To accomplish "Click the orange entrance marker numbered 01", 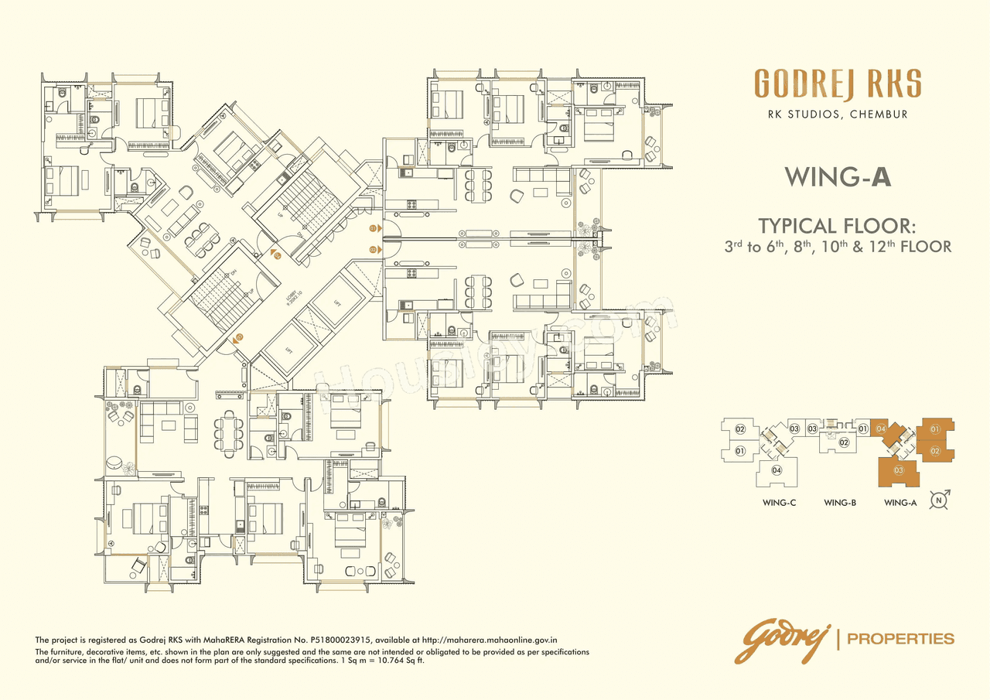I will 373,229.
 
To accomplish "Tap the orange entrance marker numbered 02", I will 373,249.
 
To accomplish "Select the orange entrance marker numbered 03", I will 240,336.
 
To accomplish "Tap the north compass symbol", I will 940,500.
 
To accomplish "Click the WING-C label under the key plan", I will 779,503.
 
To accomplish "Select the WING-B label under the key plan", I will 839,503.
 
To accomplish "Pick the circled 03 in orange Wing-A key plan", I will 899,470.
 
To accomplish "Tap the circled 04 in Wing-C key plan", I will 777,470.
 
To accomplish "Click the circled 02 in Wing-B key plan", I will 845,442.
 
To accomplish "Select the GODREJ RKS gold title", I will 838,84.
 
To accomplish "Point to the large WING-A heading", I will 838,177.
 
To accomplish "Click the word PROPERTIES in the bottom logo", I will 901,639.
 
